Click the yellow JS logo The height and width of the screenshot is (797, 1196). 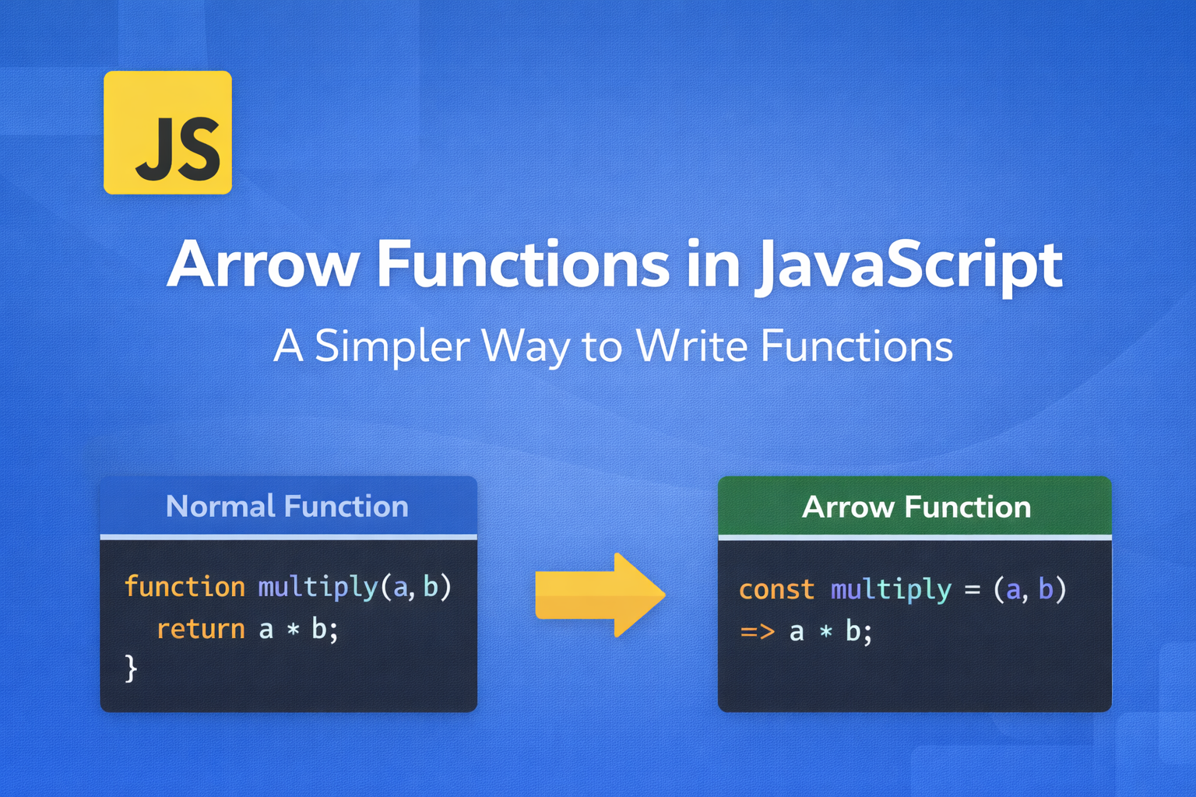[x=167, y=132]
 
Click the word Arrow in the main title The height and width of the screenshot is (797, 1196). [x=262, y=265]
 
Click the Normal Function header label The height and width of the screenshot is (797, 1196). [x=287, y=506]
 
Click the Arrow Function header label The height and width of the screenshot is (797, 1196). [x=916, y=507]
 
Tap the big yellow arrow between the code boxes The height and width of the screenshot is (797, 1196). [x=600, y=595]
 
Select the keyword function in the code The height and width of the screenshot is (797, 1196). [x=185, y=587]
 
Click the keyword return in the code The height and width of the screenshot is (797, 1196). [x=201, y=629]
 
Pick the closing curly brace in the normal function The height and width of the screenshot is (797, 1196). [x=131, y=669]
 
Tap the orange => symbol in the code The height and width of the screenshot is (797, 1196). [x=758, y=632]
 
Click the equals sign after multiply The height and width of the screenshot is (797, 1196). [x=973, y=590]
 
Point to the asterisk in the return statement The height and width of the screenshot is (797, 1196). [x=293, y=630]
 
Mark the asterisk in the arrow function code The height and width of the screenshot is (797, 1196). [x=826, y=633]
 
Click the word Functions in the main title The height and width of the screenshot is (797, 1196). [x=524, y=265]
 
